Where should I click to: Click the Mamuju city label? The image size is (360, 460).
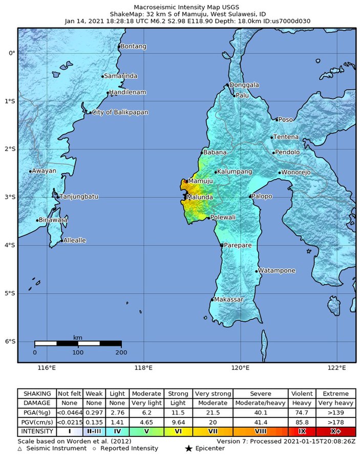pyautogui.click(x=200, y=181)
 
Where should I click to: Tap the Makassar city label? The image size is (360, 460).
pyautogui.click(x=229, y=299)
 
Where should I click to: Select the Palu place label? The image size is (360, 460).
pyautogui.click(x=242, y=95)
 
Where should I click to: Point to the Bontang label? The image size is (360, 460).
pyautogui.click(x=134, y=47)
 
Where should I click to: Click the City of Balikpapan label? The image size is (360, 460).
pyautogui.click(x=120, y=112)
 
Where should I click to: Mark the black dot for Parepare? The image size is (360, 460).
pyautogui.click(x=221, y=246)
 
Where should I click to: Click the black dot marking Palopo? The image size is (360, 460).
pyautogui.click(x=250, y=196)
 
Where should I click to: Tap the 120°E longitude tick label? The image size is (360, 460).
pyautogui.click(x=240, y=367)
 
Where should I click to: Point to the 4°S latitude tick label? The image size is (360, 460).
pyautogui.click(x=10, y=246)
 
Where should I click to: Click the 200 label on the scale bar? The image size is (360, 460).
pyautogui.click(x=121, y=353)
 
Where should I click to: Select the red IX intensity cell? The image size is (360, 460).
pyautogui.click(x=302, y=431)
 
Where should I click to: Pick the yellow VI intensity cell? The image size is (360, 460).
pyautogui.click(x=178, y=431)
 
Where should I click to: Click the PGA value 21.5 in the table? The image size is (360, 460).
pyautogui.click(x=213, y=412)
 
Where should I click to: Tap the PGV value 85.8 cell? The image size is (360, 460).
pyautogui.click(x=302, y=422)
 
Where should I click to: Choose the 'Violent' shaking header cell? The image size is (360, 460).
pyautogui.click(x=302, y=394)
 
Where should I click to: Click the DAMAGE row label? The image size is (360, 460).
pyautogui.click(x=37, y=403)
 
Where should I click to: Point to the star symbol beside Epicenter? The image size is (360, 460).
pyautogui.click(x=188, y=449)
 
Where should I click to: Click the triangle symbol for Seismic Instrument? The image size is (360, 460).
pyautogui.click(x=20, y=449)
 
